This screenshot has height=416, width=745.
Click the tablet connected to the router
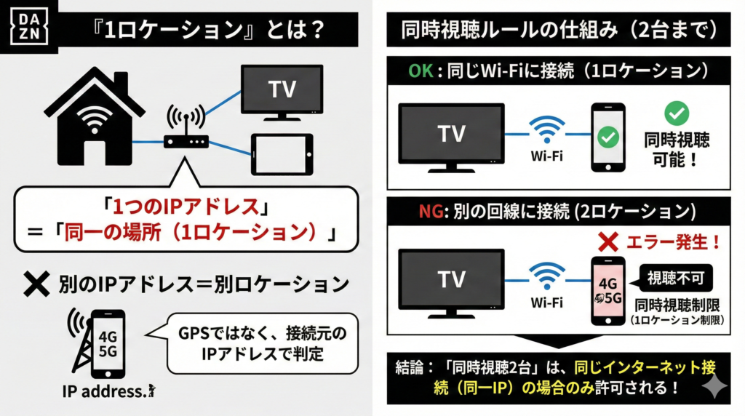(x=281, y=153)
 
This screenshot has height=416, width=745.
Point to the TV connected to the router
(x=282, y=90)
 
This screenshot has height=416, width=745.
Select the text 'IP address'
(x=104, y=390)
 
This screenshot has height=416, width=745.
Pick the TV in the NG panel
(x=451, y=281)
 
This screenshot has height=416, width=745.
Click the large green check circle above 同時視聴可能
(x=677, y=113)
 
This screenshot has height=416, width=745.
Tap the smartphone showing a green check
(x=607, y=137)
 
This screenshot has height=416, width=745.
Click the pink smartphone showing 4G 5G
(x=607, y=289)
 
